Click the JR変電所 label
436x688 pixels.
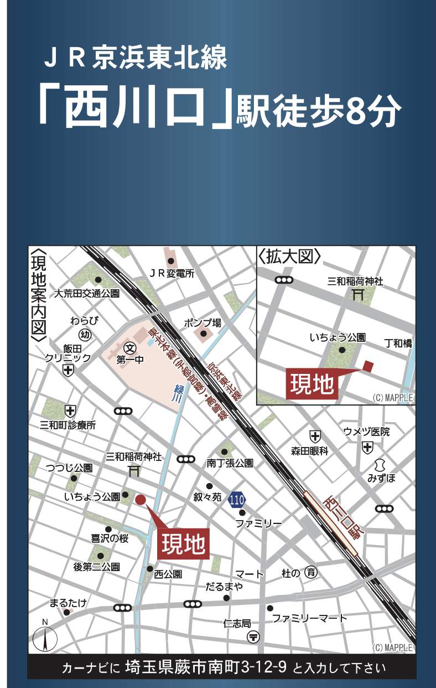tap(173, 273)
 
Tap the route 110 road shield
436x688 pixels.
tap(236, 500)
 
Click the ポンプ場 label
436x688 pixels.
tap(203, 323)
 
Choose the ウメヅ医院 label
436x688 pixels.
tap(366, 432)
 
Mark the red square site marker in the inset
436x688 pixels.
tap(368, 366)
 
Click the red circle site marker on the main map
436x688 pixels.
tap(141, 500)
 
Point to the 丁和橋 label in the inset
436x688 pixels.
tap(398, 343)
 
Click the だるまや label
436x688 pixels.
tap(224, 587)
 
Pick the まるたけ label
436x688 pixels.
tap(68, 603)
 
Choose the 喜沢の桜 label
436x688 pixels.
tap(110, 538)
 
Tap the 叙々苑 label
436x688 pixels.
tap(207, 497)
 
